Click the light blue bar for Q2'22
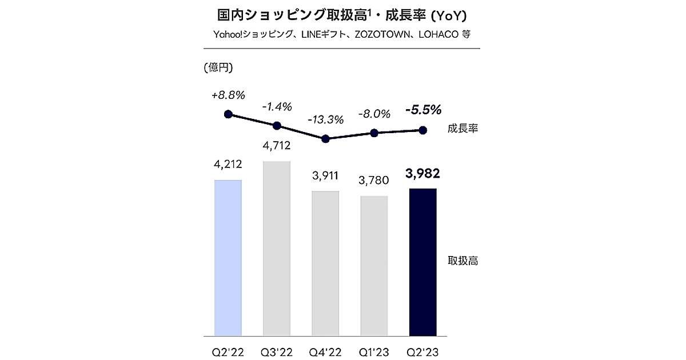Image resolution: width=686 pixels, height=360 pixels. pos(228,258)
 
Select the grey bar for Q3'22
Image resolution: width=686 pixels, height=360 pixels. pos(277,249)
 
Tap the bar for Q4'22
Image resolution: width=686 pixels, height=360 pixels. pos(325,263)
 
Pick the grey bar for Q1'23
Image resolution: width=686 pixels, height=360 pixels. pos(374,266)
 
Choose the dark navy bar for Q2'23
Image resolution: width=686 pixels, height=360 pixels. pos(423,262)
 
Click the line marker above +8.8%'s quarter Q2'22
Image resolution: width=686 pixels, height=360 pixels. pos(228,114)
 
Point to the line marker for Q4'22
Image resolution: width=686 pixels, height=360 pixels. pos(325,139)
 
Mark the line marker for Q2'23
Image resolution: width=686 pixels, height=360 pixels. pos(423,130)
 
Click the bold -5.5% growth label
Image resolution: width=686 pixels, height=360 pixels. pos(423,109)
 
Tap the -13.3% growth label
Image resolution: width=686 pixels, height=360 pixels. pos(325,120)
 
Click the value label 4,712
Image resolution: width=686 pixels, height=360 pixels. pos(277,146)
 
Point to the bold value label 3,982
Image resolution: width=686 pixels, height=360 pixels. pos(423,173)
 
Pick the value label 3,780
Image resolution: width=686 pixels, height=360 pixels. pos(374,181)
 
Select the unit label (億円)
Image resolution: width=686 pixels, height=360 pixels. pos(218,68)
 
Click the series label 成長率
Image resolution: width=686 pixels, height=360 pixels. pos(462,129)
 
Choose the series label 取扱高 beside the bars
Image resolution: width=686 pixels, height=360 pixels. pos(462,262)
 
